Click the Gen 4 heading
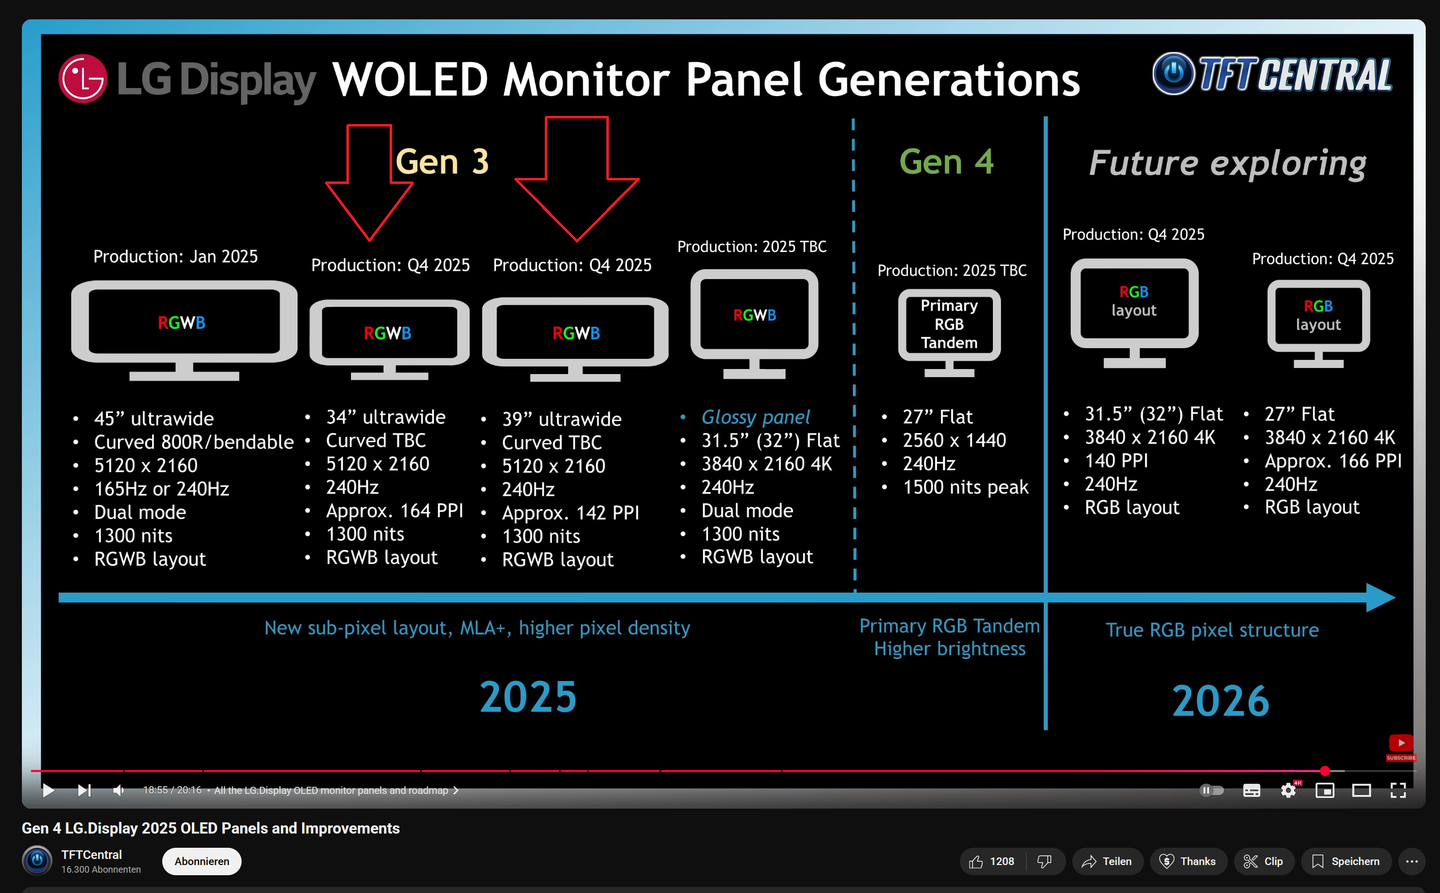point(946,162)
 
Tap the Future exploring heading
point(1227,163)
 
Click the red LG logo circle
point(83,79)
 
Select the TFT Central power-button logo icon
point(1173,73)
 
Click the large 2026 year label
point(1221,701)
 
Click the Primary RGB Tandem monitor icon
point(949,332)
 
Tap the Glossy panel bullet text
point(755,417)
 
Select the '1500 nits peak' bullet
point(965,487)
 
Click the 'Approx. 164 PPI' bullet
point(394,511)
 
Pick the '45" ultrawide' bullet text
point(154,419)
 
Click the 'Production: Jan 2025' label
point(175,256)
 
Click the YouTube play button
point(48,790)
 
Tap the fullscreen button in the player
point(1398,790)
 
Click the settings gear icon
point(1288,790)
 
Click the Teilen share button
point(1107,861)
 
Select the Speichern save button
point(1346,861)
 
